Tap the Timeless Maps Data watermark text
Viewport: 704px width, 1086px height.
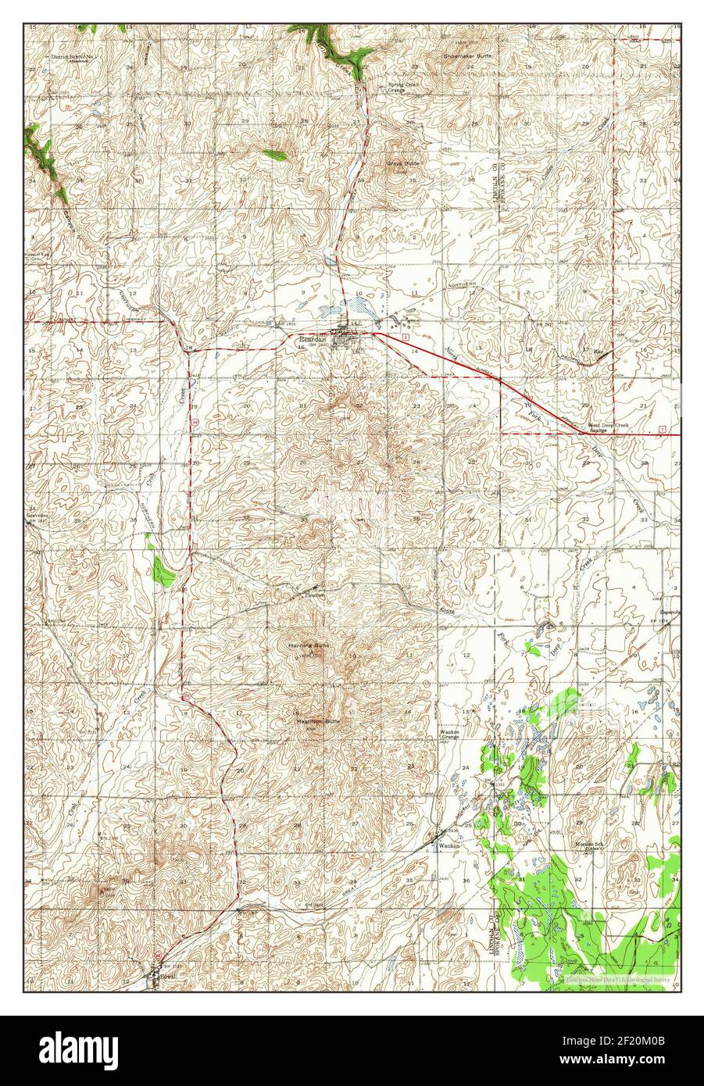(618, 977)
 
